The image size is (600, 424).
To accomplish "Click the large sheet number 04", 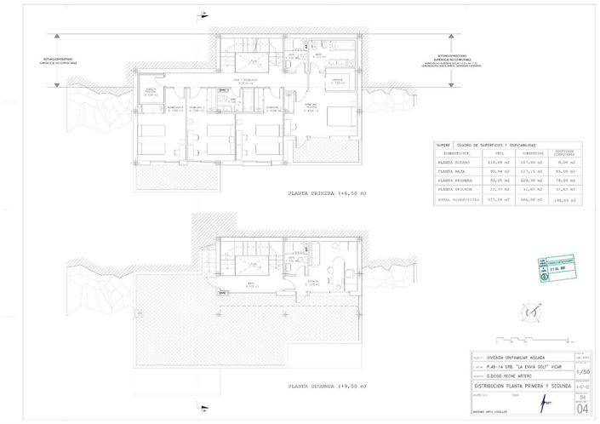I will (x=581, y=408).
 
